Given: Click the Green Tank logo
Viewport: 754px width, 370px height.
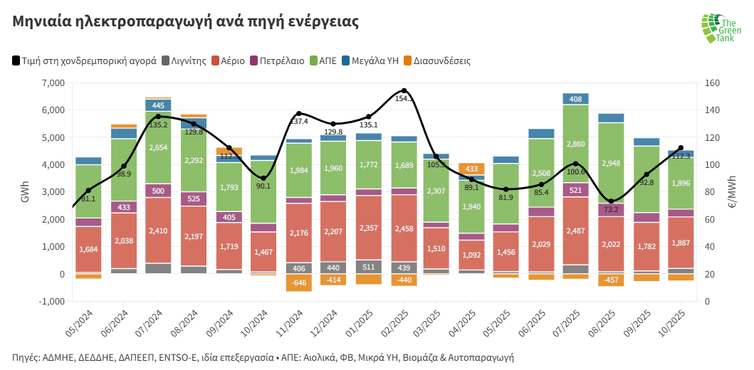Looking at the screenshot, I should point(721,28).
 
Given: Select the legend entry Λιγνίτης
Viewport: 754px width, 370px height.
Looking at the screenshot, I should point(187,61).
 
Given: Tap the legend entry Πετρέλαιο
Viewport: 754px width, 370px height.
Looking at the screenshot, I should point(282,61).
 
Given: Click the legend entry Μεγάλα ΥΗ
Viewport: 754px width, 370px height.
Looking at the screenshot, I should point(375,61).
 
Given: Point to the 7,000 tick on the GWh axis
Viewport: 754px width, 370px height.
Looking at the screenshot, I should point(53,83).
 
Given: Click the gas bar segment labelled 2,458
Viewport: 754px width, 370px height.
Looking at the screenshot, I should point(404,228).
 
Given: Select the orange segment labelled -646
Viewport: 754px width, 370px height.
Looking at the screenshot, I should point(299,282).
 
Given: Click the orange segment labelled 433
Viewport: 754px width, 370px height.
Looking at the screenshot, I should point(471,169).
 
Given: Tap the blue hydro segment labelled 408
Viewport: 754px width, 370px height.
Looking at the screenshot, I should point(575,99).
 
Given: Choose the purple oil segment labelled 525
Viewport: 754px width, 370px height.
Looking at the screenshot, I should point(194,199).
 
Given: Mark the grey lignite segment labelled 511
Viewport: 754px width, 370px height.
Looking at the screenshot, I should point(369,267).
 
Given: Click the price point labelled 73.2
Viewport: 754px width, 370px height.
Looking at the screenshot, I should point(611,201).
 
